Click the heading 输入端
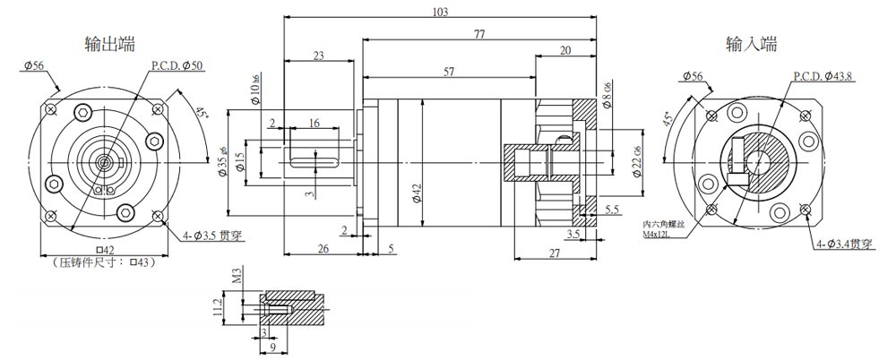click(x=751, y=43)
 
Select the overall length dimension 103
click(x=439, y=12)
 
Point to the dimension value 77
click(x=479, y=34)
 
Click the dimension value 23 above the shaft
click(x=319, y=56)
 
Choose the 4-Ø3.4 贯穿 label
click(x=843, y=244)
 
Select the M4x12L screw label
click(x=662, y=235)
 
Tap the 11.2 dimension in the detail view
click(x=215, y=308)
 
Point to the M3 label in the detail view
click(x=237, y=274)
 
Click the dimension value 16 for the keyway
click(x=314, y=122)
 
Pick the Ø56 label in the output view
click(x=35, y=65)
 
